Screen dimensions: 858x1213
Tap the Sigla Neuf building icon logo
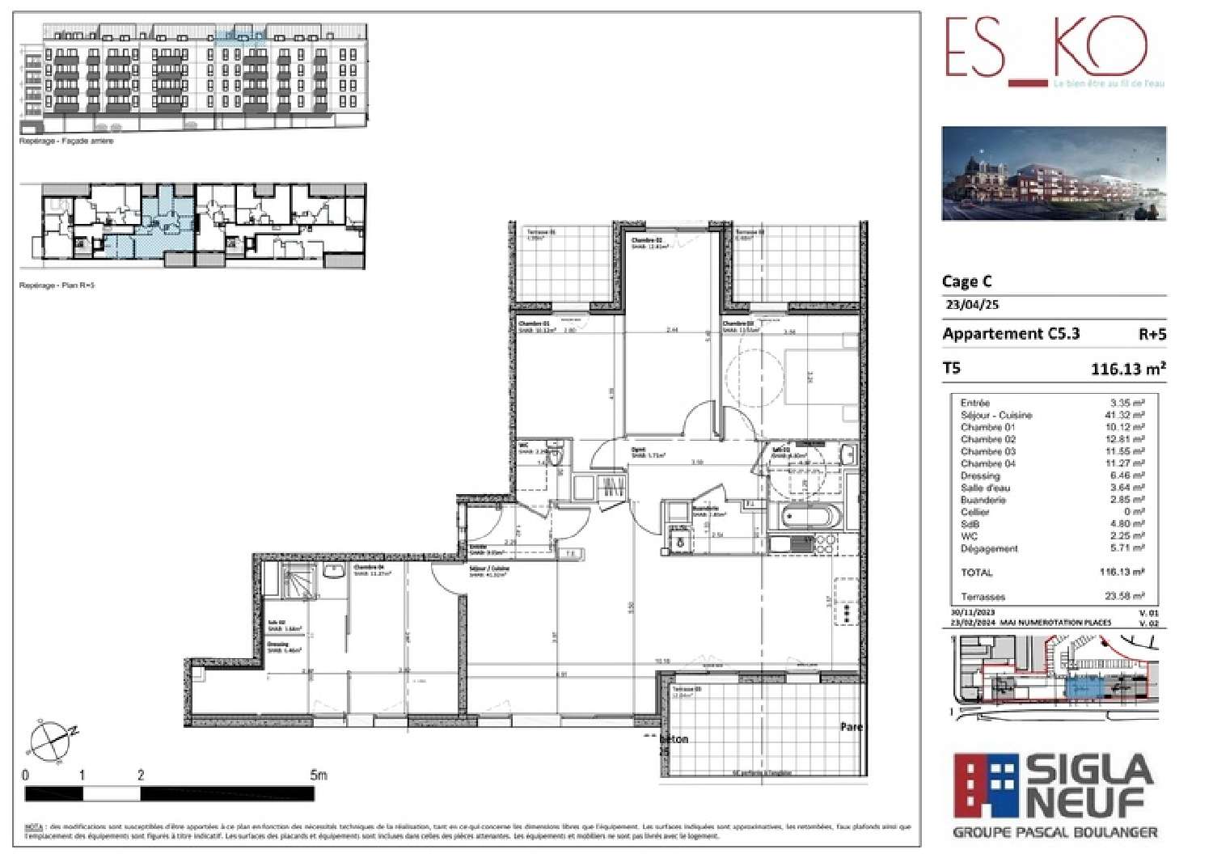(x=986, y=785)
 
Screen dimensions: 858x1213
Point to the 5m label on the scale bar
(x=319, y=775)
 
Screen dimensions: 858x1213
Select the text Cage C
(x=966, y=281)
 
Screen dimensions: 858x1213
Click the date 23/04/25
(x=972, y=305)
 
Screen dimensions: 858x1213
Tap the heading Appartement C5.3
(x=1011, y=334)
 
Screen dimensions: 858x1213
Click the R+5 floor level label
(x=1152, y=335)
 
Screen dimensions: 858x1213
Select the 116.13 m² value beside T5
(x=1128, y=369)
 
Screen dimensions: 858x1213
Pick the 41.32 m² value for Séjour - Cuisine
(x=1124, y=415)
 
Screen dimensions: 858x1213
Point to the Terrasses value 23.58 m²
(x=1124, y=596)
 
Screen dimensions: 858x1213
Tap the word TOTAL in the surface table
(x=976, y=573)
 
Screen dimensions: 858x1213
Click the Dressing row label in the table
(x=980, y=475)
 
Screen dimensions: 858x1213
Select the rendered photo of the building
(x=1054, y=173)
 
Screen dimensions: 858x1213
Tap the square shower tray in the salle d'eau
(x=300, y=582)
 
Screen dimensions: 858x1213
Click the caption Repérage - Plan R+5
(x=57, y=285)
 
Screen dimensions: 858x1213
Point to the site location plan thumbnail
(x=1054, y=677)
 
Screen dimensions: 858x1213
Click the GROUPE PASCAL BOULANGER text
(x=1055, y=832)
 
